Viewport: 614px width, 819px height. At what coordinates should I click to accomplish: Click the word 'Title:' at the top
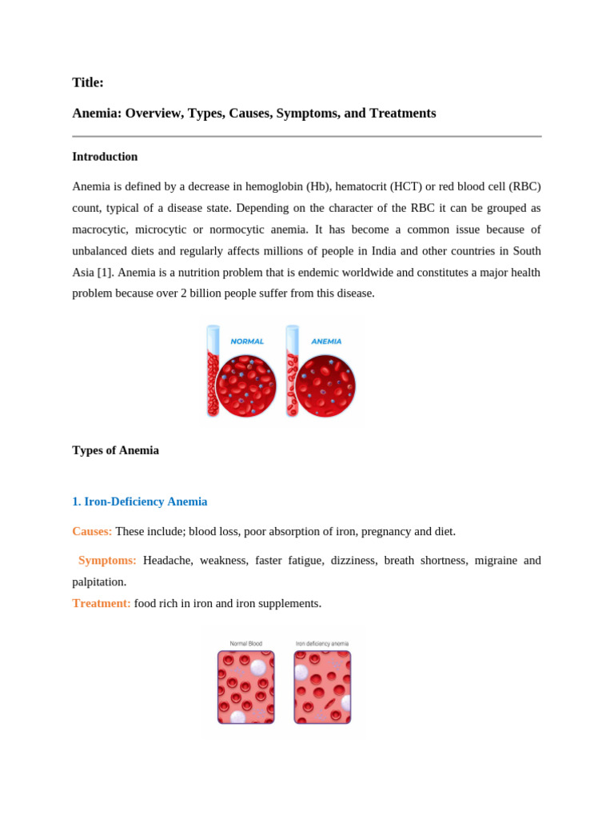(88, 82)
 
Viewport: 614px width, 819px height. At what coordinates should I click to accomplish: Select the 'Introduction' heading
(105, 157)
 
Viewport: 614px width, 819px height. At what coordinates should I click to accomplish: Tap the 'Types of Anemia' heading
(115, 450)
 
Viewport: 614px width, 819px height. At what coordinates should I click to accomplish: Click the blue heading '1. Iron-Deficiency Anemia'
(140, 501)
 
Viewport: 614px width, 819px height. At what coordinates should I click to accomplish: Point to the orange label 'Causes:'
(92, 531)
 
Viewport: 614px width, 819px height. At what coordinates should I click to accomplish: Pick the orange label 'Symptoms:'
(107, 560)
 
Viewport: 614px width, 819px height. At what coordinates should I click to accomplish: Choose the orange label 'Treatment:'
(102, 603)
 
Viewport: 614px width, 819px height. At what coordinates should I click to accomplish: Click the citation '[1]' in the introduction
(105, 272)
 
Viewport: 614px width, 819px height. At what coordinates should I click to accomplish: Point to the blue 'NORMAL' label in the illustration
(247, 342)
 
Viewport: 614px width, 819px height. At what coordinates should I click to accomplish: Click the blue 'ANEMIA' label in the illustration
(326, 342)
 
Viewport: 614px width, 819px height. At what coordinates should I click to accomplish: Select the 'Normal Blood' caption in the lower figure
(245, 643)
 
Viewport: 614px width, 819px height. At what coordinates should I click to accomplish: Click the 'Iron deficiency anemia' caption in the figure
(321, 643)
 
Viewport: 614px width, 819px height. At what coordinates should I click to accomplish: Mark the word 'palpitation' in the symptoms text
(98, 581)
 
